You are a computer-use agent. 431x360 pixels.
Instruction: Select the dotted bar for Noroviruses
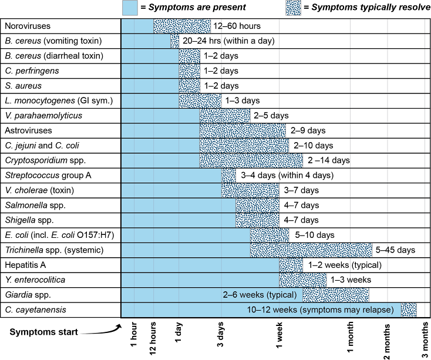pyautogui.click(x=182, y=26)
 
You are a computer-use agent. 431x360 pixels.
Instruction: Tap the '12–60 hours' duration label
pyautogui.click(x=237, y=26)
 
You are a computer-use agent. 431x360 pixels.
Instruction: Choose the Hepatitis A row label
pyautogui.click(x=25, y=264)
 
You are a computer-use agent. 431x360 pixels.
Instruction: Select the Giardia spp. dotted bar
pyautogui.click(x=336, y=294)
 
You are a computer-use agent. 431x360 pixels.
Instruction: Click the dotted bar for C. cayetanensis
pyautogui.click(x=409, y=309)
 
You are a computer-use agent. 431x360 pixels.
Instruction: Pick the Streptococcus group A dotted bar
pyautogui.click(x=229, y=175)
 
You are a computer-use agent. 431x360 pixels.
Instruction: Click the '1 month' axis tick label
pyautogui.click(x=351, y=338)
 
